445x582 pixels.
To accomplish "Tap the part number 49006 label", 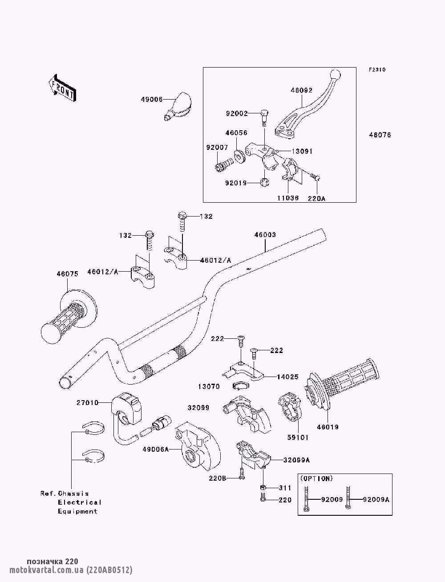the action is pos(151,100).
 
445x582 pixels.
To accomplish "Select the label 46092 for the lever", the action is pos(302,90).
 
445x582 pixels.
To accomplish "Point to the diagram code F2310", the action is pos(377,70).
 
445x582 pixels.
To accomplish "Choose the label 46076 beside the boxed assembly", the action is pos(380,135).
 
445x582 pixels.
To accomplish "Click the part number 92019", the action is pos(236,183).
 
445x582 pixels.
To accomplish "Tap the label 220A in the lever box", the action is pos(316,198).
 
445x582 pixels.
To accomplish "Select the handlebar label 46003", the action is pos(265,235).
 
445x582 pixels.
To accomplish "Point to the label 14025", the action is pos(287,377).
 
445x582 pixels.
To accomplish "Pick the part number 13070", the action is pos(209,386).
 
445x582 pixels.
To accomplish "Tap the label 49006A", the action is pos(156,449).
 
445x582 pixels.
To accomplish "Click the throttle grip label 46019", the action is pos(328,427).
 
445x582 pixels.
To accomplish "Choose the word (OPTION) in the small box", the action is pos(316,478).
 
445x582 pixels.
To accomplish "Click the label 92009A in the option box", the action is pos(376,500).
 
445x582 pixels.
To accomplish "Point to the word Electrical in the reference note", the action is pos(80,502).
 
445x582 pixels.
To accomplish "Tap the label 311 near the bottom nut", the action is pos(285,488).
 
